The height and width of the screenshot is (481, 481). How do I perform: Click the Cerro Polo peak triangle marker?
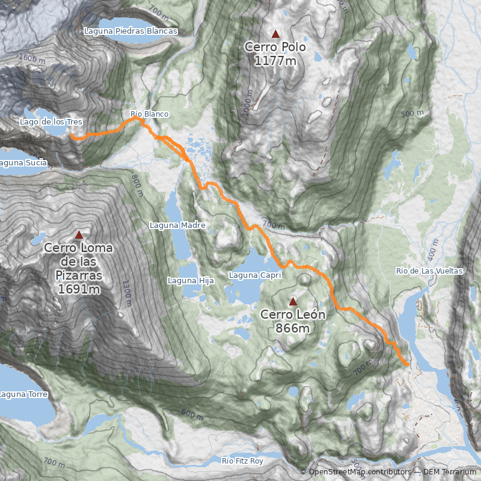point(275,34)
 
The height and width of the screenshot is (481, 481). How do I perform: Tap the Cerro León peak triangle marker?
point(293,301)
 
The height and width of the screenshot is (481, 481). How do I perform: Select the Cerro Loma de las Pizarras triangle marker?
point(78,234)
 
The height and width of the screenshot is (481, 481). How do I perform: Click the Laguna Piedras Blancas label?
point(131,31)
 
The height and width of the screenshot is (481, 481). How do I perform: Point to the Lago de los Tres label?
point(51,122)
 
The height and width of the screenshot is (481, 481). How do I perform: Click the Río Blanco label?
point(150,114)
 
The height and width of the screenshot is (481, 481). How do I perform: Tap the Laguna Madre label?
point(177,225)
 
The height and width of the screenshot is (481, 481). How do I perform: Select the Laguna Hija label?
point(191,280)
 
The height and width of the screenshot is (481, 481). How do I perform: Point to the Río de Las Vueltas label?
point(429,271)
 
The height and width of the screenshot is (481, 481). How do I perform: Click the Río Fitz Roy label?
point(242,461)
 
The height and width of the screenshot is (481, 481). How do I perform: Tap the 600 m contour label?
point(192,414)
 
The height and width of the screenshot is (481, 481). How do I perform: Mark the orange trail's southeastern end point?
point(407,364)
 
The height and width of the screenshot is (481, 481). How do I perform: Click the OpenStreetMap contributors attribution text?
point(360,472)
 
